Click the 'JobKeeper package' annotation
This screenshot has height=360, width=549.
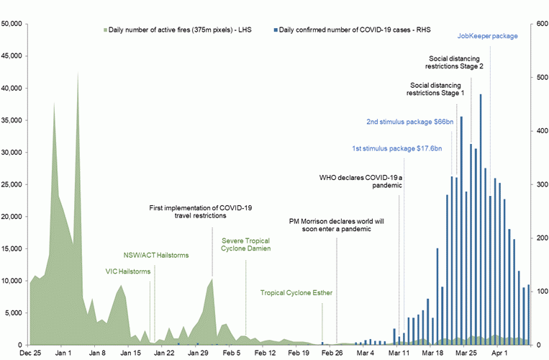point(487,36)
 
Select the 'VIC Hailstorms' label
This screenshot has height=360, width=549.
point(128,271)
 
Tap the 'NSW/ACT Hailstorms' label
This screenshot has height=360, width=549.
point(153,254)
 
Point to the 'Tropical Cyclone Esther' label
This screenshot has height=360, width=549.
point(296,293)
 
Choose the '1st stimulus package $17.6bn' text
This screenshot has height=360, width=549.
point(396,148)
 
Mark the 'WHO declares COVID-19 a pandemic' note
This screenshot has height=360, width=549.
point(360,181)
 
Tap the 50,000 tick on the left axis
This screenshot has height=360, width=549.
point(15,24)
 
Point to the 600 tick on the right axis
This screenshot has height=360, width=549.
point(537,24)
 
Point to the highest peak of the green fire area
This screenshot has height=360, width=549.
point(78,73)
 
